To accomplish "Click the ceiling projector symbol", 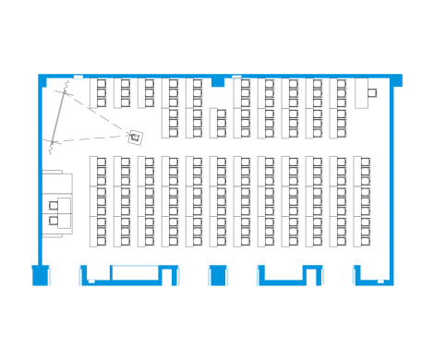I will point(135,137).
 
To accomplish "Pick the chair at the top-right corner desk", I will point(373,91).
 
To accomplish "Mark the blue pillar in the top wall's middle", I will point(218,81).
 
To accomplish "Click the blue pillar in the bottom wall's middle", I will point(218,274).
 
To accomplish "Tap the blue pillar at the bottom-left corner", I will point(40,274).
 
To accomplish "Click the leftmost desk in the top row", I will point(99,93).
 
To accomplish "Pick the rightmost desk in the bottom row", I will point(364,232).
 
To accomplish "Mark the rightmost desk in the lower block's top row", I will point(364,172).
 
